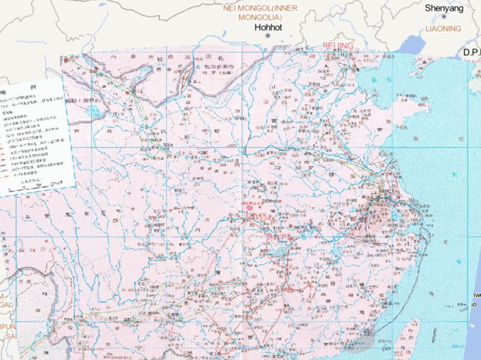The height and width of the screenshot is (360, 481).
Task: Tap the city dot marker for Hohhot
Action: pos(267,36)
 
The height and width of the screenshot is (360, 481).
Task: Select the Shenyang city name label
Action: pos(443,8)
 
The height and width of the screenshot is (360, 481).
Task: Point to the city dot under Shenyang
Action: pos(443,17)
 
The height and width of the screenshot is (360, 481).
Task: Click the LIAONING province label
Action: pos(443,29)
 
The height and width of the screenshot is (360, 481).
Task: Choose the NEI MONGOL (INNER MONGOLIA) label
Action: pos(261,13)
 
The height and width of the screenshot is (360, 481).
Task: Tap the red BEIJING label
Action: pos(338,46)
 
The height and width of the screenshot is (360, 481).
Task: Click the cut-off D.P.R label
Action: pos(472,53)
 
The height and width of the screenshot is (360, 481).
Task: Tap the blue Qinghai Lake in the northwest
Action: pos(95,113)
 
